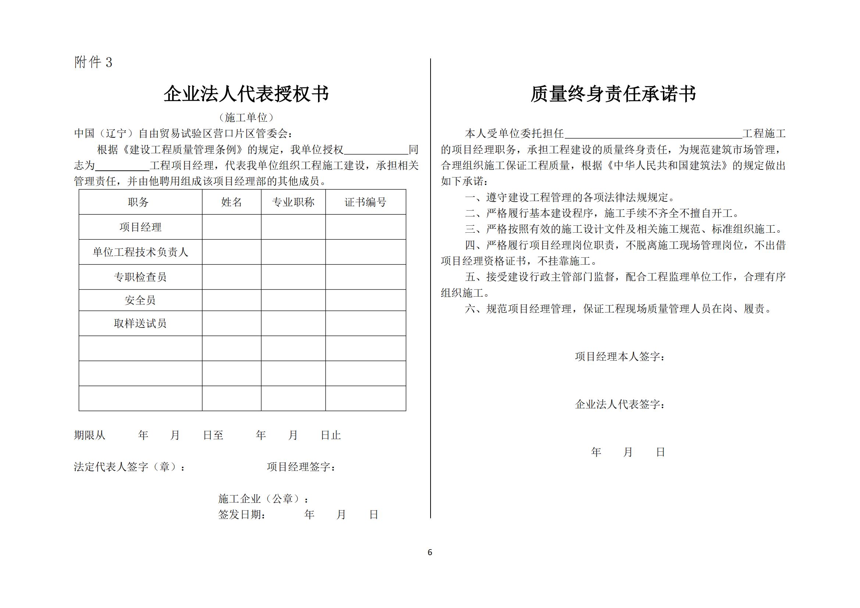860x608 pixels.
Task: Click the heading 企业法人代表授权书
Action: point(246,94)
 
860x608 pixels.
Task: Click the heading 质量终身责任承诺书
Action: point(613,94)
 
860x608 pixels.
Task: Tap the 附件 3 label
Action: point(93,62)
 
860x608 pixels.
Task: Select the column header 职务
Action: point(138,202)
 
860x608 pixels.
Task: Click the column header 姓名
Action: point(232,202)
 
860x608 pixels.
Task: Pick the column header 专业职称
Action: point(293,202)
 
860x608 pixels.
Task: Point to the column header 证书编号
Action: point(365,202)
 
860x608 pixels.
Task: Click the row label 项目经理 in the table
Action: point(140,227)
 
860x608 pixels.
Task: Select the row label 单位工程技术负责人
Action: point(140,252)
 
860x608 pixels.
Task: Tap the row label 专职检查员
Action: point(140,277)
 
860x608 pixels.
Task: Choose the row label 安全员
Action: point(140,300)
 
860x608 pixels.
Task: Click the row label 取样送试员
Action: point(140,323)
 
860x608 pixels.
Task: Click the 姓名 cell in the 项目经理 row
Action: point(232,227)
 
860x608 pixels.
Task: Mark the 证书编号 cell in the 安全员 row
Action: point(365,300)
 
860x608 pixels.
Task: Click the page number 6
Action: point(429,552)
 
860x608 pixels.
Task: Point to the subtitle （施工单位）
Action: point(246,118)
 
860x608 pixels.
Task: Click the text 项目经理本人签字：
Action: point(620,357)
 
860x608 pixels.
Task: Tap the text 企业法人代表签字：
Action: point(620,404)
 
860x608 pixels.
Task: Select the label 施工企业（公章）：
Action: point(264,499)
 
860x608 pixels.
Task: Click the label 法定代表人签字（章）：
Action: point(129,467)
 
